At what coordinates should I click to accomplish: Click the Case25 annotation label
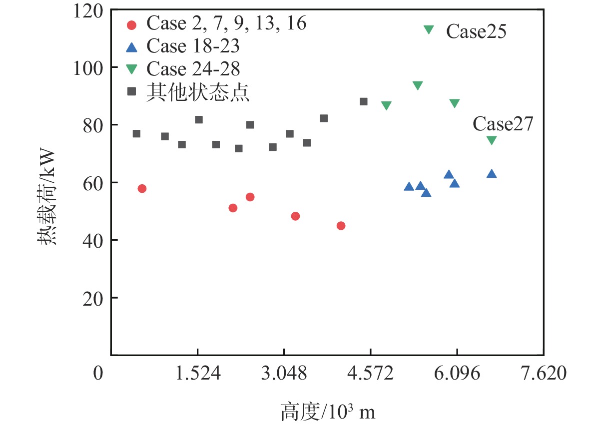click(x=476, y=31)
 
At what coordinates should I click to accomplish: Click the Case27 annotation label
click(x=503, y=123)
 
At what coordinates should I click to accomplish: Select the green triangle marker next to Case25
click(x=429, y=29)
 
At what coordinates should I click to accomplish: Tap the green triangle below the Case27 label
click(x=492, y=140)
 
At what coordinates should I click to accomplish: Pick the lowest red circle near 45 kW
click(x=341, y=226)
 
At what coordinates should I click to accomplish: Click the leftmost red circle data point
click(x=142, y=189)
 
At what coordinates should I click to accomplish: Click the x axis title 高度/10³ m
click(x=327, y=413)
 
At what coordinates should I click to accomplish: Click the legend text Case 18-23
click(x=193, y=46)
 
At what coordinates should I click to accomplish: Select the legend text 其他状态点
click(x=197, y=92)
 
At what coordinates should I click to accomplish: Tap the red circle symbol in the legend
click(x=132, y=24)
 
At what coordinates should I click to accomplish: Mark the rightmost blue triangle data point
click(x=492, y=174)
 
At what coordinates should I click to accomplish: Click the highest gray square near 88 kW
click(x=364, y=102)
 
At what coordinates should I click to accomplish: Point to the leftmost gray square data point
click(x=136, y=134)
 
